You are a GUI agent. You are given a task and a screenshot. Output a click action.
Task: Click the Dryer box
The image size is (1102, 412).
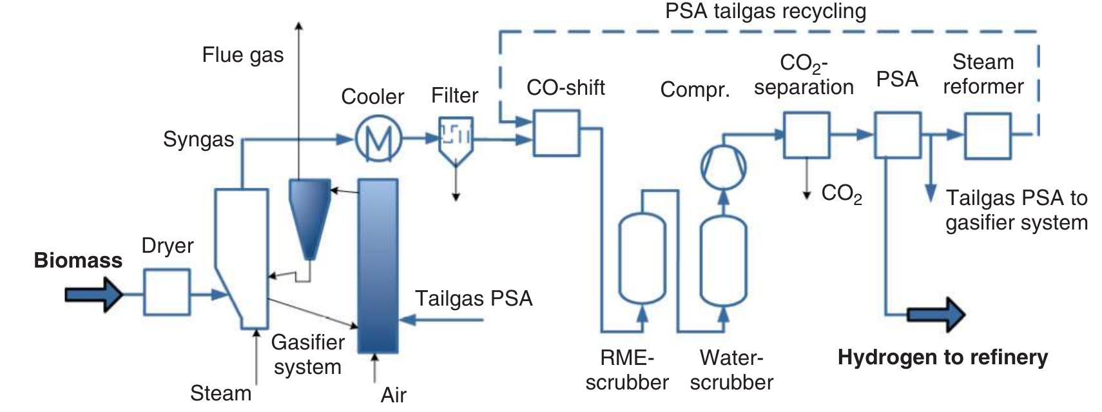click(x=166, y=292)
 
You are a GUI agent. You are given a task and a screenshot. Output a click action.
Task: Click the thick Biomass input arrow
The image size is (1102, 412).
click(x=93, y=295)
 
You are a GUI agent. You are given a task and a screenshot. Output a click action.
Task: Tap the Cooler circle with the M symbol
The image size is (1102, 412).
click(x=378, y=138)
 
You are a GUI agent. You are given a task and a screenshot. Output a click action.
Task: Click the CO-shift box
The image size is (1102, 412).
click(x=556, y=133)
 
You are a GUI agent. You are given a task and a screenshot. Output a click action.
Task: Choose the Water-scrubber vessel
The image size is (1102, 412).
click(x=723, y=261)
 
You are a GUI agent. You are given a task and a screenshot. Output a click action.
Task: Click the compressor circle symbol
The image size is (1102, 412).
click(x=723, y=166)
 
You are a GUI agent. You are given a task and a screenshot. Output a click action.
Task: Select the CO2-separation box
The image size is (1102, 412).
click(x=806, y=135)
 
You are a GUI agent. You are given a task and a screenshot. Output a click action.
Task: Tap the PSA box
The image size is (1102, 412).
click(x=897, y=135)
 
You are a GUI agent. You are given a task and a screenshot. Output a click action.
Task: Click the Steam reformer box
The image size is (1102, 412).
click(x=987, y=135)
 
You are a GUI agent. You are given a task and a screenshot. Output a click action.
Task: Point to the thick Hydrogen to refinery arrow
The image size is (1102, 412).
click(x=936, y=315)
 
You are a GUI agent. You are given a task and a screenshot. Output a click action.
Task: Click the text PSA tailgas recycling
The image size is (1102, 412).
click(x=766, y=11)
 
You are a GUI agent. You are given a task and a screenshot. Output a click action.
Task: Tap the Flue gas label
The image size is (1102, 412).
click(x=242, y=55)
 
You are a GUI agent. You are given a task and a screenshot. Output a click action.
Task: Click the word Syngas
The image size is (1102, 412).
click(x=198, y=139)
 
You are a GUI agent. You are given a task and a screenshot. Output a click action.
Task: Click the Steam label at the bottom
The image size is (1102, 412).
click(x=220, y=393)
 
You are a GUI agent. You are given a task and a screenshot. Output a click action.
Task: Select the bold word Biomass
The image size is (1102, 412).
click(x=78, y=260)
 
